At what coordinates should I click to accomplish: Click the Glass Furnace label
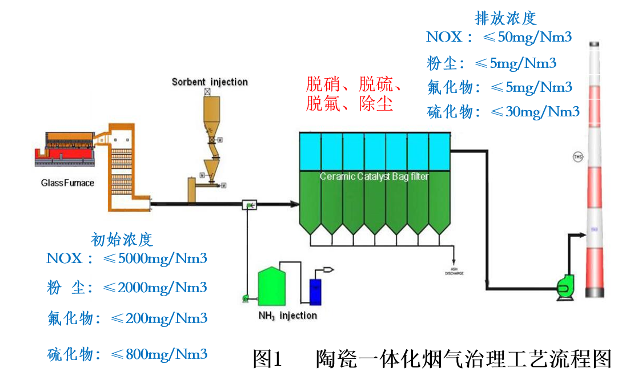click(x=67, y=183)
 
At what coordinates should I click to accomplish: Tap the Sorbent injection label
click(x=210, y=82)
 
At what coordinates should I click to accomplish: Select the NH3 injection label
click(x=287, y=315)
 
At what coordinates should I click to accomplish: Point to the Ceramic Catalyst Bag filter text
click(x=374, y=177)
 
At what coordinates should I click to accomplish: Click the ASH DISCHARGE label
click(x=454, y=272)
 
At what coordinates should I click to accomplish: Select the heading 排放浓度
click(x=505, y=18)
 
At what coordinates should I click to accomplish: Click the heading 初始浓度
click(x=122, y=239)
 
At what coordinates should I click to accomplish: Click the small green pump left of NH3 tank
click(x=245, y=297)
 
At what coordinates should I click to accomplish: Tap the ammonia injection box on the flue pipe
click(x=249, y=204)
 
